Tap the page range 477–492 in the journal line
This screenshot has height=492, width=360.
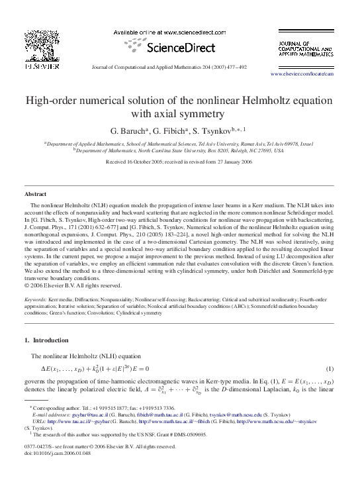coord(234,67)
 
